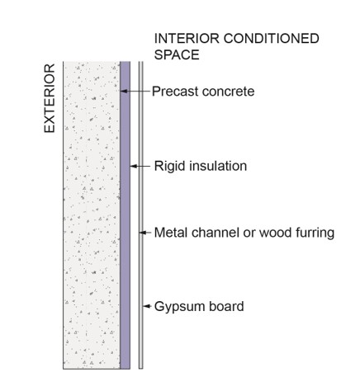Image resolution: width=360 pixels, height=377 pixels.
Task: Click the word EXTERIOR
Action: click(x=50, y=98)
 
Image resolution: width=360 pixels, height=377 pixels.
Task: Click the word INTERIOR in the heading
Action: click(x=187, y=39)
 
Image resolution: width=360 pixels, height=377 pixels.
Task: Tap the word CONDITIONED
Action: click(x=272, y=39)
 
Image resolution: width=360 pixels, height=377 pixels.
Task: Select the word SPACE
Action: click(x=177, y=54)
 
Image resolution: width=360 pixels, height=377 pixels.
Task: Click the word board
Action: click(x=226, y=306)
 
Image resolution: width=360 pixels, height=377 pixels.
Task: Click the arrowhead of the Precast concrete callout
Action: click(x=124, y=91)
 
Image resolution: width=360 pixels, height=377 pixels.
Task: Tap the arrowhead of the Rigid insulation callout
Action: click(x=134, y=166)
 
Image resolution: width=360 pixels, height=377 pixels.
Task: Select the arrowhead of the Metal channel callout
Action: click(x=142, y=233)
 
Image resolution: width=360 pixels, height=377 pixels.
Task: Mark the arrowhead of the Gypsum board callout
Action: click(x=146, y=306)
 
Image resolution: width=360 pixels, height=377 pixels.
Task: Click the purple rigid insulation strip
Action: click(x=126, y=215)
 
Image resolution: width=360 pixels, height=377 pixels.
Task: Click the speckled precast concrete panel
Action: click(x=92, y=215)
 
